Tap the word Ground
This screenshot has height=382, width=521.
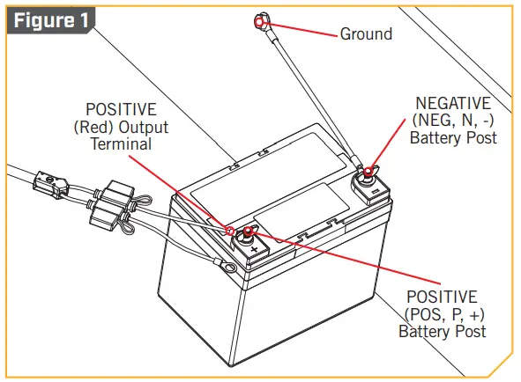(366, 34)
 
